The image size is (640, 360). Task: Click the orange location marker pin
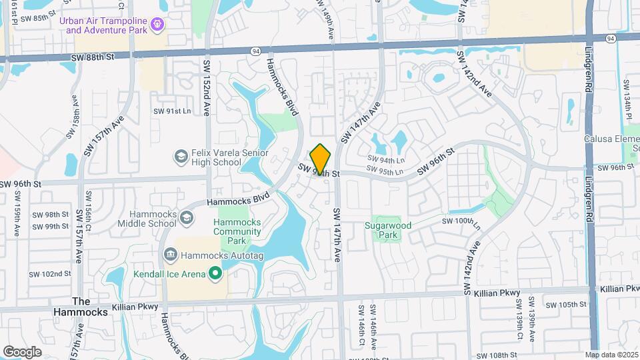pos(321,159)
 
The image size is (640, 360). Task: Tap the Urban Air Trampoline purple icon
pos(157,25)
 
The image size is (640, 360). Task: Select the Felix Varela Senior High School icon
pos(181,157)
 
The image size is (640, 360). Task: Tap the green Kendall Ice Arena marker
pos(215,273)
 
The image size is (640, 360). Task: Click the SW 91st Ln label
pos(171,111)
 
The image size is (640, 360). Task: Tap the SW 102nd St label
pos(50,274)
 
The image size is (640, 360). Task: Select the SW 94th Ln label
pos(386,160)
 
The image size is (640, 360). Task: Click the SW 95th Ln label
pos(386,172)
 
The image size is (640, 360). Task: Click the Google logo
pos(22,352)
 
